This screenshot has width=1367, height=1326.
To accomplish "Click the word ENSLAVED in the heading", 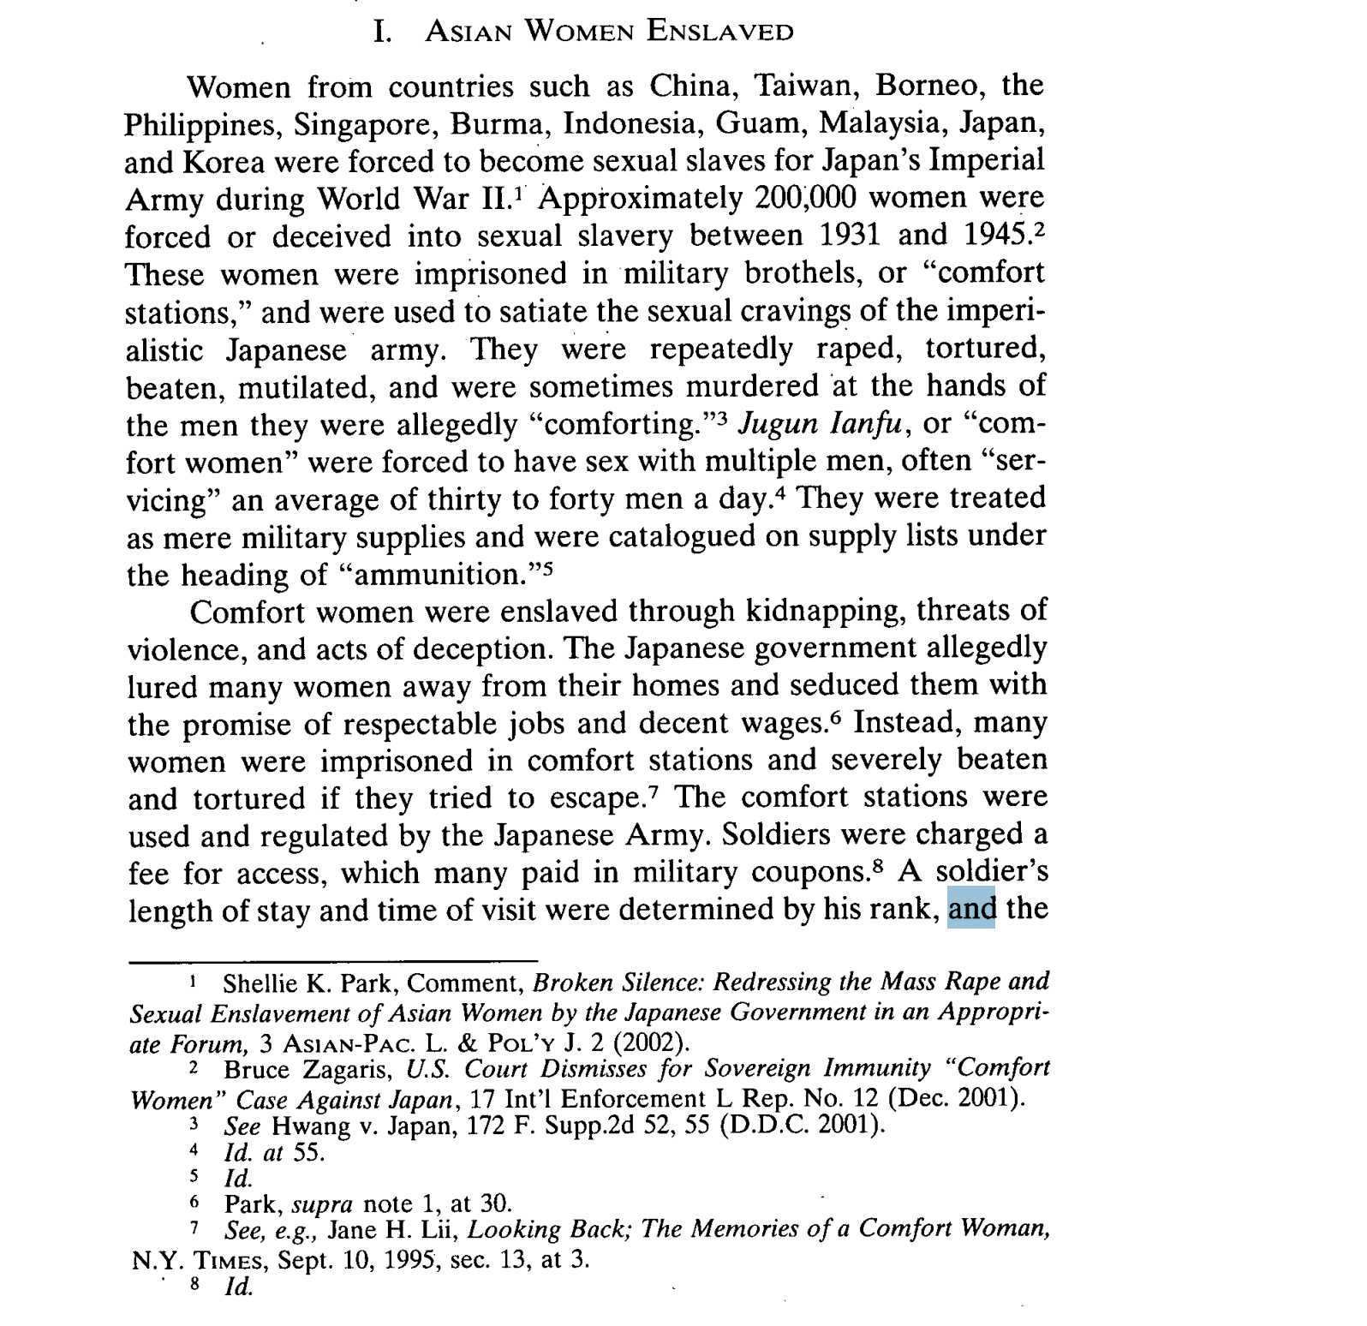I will (x=719, y=33).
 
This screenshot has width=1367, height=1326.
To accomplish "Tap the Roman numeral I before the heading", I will (x=383, y=33).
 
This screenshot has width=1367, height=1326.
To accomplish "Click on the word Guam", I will (x=760, y=124).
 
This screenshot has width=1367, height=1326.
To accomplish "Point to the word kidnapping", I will (x=824, y=611).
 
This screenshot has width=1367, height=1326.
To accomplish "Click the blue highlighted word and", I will (x=971, y=908).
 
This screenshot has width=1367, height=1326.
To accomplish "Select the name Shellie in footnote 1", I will (x=255, y=983).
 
